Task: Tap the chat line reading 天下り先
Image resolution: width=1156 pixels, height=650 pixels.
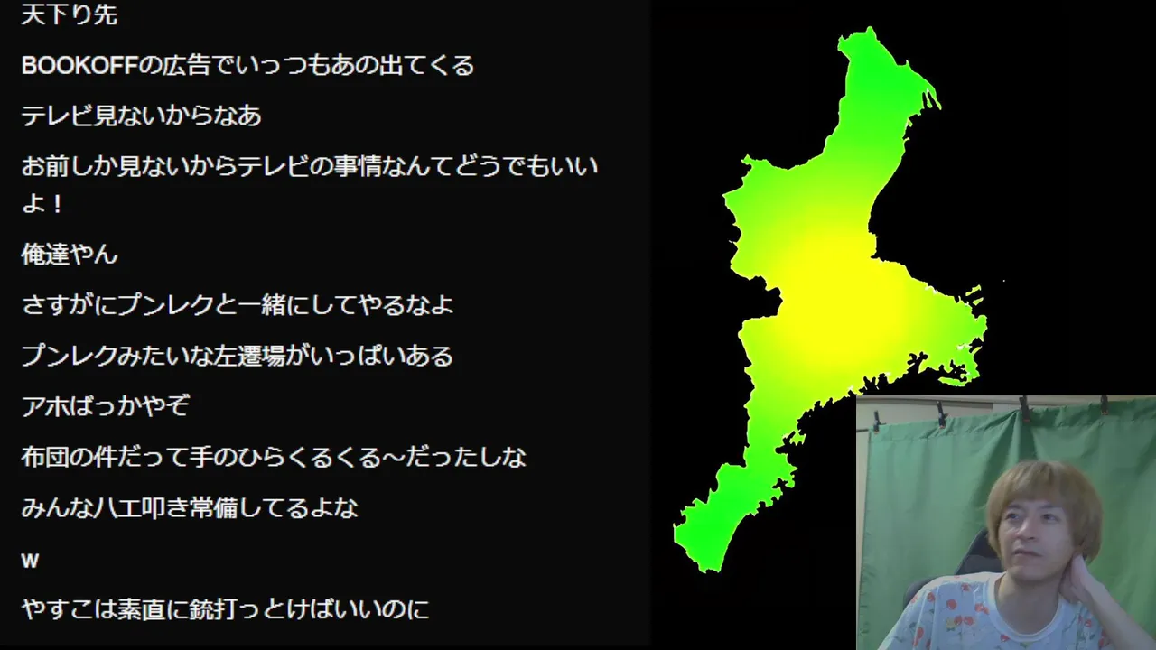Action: pos(70,14)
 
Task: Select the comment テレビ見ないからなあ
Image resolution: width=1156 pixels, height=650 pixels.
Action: pos(142,116)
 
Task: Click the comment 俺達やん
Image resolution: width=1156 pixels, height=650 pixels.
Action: pos(70,254)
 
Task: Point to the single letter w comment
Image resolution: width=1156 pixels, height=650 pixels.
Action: pos(30,561)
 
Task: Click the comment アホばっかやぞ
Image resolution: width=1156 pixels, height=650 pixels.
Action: pos(106,406)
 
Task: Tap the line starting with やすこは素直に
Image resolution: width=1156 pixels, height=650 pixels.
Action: pos(225,609)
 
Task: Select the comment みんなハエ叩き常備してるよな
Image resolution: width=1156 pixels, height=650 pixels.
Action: pos(190,508)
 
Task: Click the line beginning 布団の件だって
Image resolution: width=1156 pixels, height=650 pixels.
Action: pos(274,457)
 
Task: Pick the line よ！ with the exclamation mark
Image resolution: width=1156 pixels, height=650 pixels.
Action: pos(42,204)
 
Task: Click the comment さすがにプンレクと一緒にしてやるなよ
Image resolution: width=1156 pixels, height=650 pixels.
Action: pos(237,305)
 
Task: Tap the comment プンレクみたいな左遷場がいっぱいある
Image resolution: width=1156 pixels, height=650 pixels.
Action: pos(237,356)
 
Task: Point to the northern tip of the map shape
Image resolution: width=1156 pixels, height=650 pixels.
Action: pos(870,28)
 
